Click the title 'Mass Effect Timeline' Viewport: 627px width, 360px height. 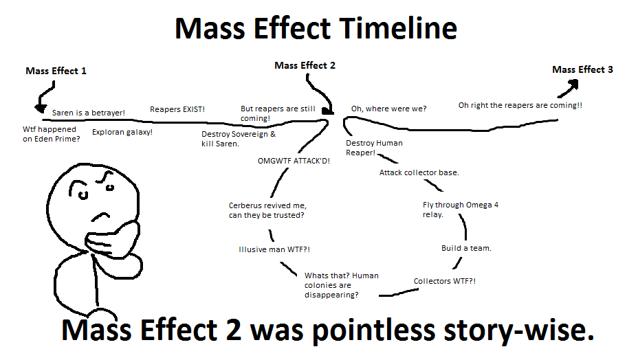316,29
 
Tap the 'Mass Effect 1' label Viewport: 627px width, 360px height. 56,71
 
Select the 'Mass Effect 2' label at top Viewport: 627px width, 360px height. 305,66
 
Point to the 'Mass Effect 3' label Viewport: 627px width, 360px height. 582,70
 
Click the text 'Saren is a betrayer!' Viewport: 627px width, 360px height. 89,112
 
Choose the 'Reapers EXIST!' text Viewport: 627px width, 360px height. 177,109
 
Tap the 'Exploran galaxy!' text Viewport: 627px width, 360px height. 122,131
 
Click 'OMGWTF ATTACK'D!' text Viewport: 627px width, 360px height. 294,161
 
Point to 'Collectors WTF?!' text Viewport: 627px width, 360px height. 444,281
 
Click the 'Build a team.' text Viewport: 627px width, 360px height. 466,248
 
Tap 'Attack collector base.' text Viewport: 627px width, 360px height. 419,172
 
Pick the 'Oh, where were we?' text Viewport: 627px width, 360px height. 388,109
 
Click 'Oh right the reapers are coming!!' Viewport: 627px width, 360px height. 520,105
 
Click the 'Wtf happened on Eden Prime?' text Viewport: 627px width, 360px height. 51,134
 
